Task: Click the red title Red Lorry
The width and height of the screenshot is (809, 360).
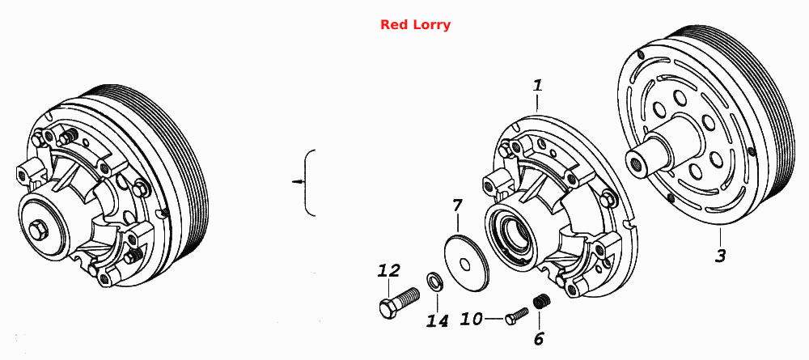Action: coord(415,25)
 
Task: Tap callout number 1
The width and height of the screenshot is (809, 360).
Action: coord(538,85)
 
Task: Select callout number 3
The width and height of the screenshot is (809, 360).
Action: coord(720,255)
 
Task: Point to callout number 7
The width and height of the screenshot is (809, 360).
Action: coord(457,205)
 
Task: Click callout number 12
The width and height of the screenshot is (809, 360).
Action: coord(389,269)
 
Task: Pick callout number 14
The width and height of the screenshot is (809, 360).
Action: coord(437,320)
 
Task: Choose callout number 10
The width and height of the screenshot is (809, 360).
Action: coord(471,320)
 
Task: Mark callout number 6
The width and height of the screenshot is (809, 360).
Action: coord(539,339)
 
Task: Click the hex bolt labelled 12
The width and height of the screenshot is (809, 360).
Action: coord(399,303)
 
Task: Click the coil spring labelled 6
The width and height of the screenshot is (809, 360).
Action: coord(540,302)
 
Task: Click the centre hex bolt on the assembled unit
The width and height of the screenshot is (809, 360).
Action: coord(37,230)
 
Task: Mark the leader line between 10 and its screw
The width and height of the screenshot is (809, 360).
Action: coord(493,320)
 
